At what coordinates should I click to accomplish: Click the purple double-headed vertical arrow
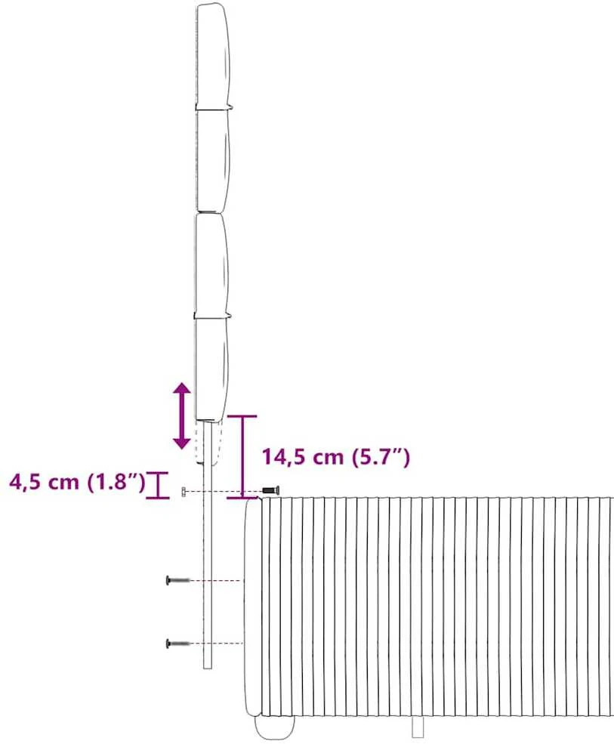tap(182, 417)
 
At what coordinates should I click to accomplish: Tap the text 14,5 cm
tap(303, 457)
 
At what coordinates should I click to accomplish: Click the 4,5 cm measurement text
tap(44, 482)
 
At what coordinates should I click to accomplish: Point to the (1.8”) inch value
tap(116, 482)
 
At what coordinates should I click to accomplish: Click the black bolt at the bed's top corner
tap(270, 490)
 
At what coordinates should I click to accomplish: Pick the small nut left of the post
tap(184, 492)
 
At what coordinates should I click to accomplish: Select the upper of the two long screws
tap(178, 580)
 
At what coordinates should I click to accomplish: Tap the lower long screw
tap(178, 644)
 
